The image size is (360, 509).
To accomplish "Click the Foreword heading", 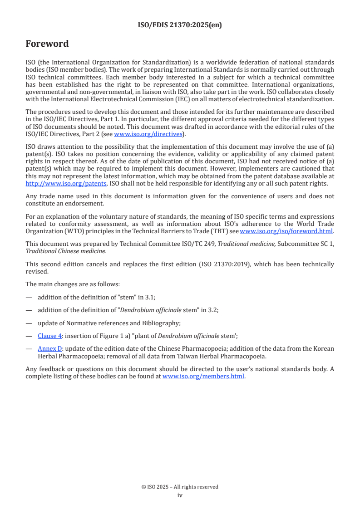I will (47, 44).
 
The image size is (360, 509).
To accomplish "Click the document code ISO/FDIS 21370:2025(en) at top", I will (180, 25).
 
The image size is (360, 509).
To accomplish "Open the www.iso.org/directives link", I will (148, 134).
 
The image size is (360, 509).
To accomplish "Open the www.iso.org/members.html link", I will (203, 377).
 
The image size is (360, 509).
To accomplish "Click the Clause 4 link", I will (49, 336).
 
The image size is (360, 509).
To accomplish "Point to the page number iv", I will (180, 495).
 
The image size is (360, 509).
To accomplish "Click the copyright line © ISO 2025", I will (180, 487).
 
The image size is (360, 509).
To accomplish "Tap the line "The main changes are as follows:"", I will (73, 284).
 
